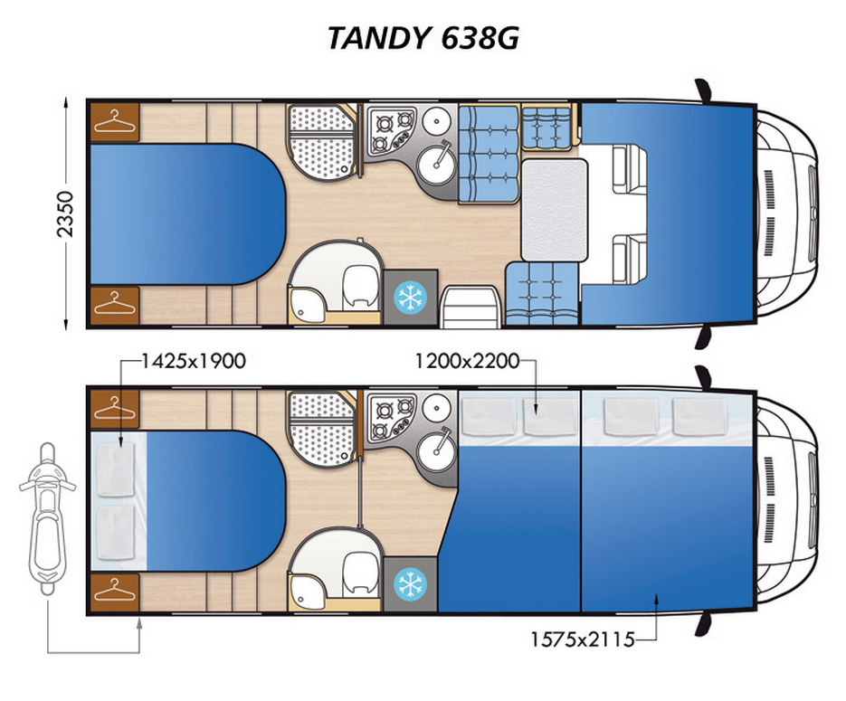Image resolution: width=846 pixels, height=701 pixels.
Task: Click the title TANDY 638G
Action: [423, 38]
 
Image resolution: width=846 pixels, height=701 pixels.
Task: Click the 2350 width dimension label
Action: [65, 214]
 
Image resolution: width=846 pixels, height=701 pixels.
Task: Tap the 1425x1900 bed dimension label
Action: [194, 361]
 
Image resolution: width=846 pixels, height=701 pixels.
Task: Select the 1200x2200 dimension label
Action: [467, 361]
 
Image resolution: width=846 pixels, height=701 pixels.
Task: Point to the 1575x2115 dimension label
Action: [582, 639]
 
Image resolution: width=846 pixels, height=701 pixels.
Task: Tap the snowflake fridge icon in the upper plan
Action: [410, 297]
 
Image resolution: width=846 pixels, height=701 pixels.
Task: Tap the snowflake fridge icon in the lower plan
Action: [410, 584]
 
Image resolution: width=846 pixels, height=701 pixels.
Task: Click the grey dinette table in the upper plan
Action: [554, 210]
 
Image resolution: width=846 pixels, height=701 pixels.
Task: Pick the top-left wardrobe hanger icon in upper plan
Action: [114, 121]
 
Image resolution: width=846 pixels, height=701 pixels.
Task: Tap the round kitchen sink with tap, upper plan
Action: [436, 161]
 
